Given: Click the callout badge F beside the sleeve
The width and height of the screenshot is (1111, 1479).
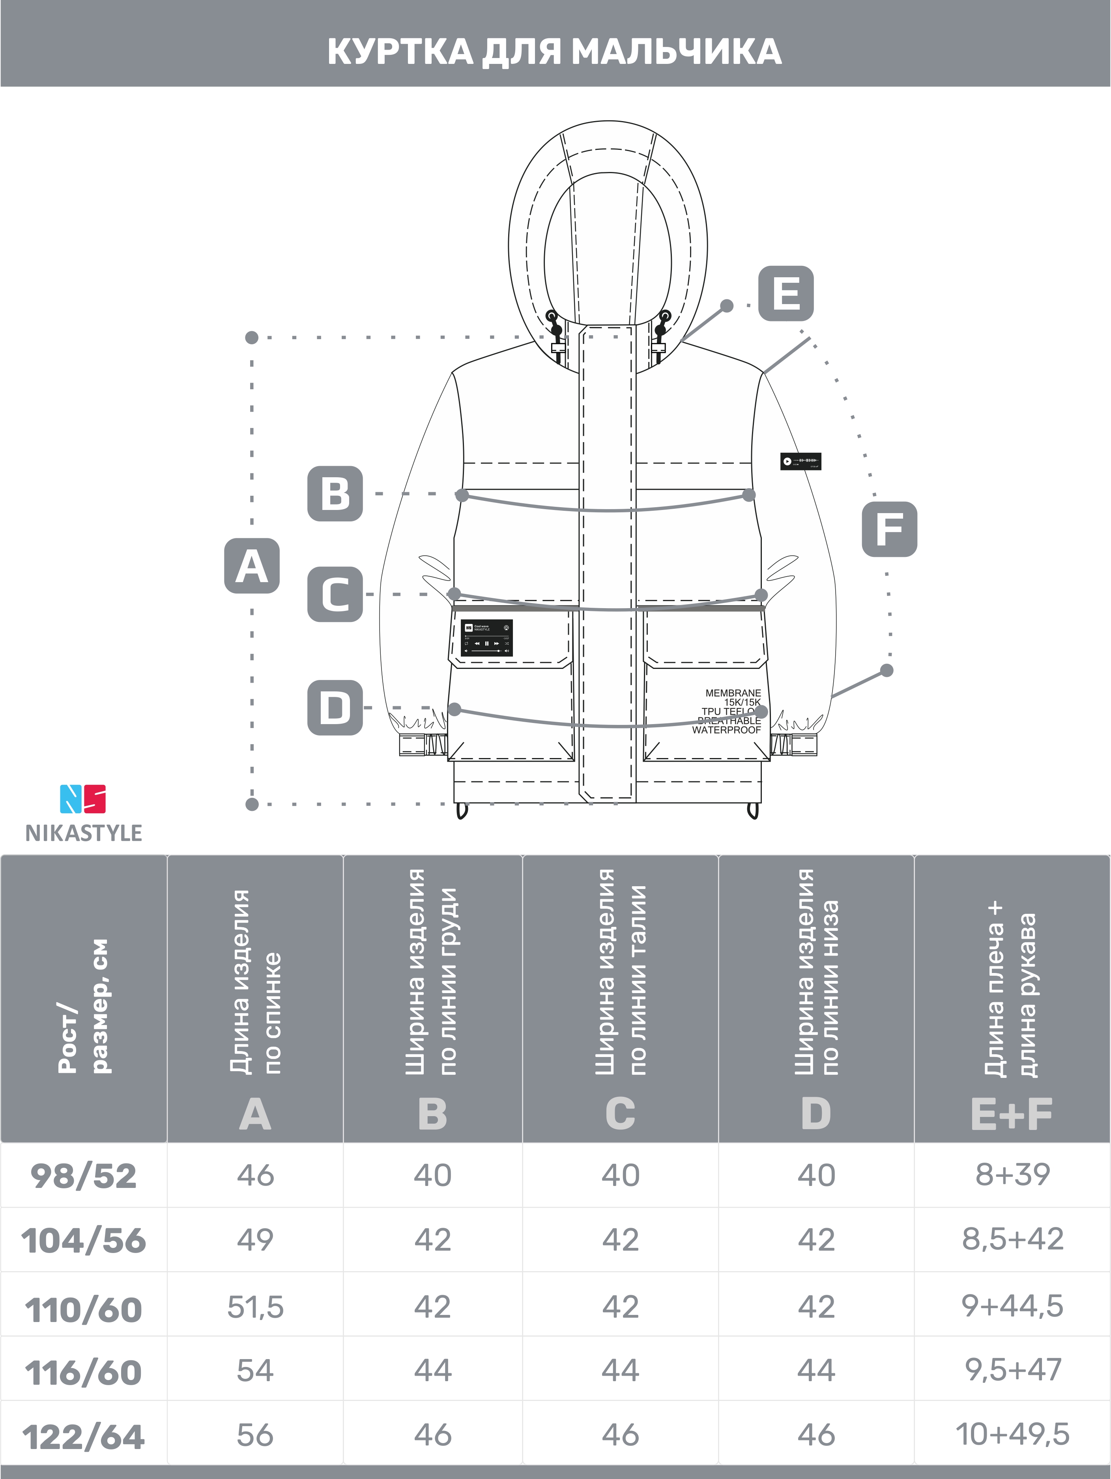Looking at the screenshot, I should coord(889,529).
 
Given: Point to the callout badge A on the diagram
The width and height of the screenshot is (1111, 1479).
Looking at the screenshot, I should coord(251,566).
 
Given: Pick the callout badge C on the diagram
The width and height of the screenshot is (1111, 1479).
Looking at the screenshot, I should coord(335,594).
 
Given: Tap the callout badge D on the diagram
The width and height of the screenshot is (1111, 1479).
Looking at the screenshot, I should coord(335,708).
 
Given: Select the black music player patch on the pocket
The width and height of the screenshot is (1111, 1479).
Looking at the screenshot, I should coord(486,637).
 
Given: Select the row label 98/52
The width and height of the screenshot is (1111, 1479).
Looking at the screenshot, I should coord(84,1176).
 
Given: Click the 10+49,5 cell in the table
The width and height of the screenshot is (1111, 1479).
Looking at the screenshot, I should coord(1012,1434).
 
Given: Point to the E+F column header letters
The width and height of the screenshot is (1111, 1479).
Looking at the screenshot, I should coord(1011,1115).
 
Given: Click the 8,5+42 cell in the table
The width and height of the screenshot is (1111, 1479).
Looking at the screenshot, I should coord(1012,1239).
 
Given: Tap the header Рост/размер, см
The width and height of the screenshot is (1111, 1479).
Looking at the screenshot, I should coord(84,1006).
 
